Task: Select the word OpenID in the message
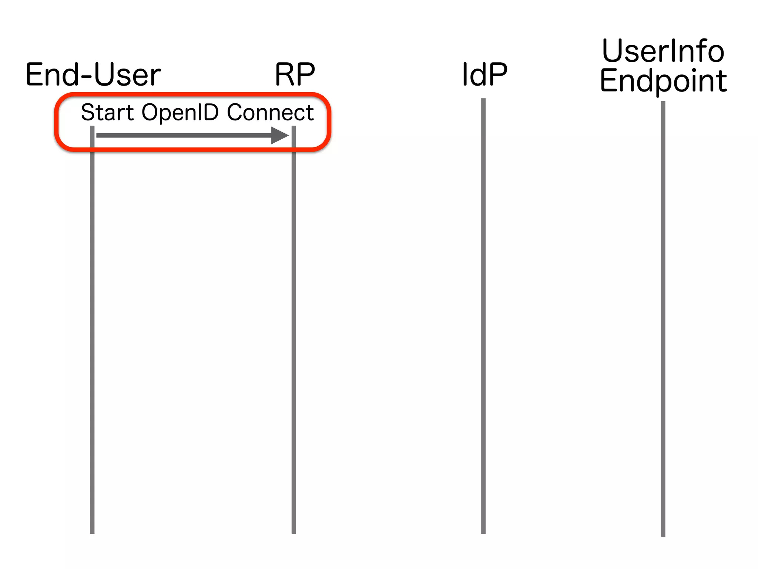[x=180, y=113]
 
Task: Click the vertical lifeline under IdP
[x=483, y=315]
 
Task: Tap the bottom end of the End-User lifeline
[x=92, y=532]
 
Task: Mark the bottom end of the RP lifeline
[x=294, y=532]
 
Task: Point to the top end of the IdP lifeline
[x=483, y=100]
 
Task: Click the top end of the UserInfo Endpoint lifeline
[x=663, y=103]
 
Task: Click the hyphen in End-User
[x=86, y=77]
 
